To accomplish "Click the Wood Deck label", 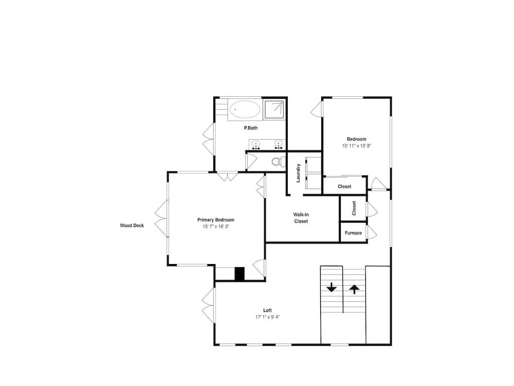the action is [132, 225].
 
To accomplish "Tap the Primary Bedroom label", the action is [216, 220].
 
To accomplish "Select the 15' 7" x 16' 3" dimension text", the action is [216, 226].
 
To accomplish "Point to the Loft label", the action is [267, 310].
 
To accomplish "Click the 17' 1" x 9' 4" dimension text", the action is [267, 317].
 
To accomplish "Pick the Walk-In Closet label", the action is [301, 218].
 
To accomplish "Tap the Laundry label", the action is [298, 173].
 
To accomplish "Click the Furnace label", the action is [354, 233].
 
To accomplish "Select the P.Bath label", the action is [251, 128].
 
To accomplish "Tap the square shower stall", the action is [274, 109].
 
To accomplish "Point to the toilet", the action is [278, 162].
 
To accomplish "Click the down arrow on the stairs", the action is [332, 288].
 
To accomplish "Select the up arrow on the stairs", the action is [354, 289].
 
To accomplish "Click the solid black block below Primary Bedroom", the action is [240, 274].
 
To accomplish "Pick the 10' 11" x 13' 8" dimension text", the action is [357, 146].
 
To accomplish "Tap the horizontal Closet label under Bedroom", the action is [344, 186].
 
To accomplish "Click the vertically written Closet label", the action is [354, 208].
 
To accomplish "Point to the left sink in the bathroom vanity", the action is [255, 144].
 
